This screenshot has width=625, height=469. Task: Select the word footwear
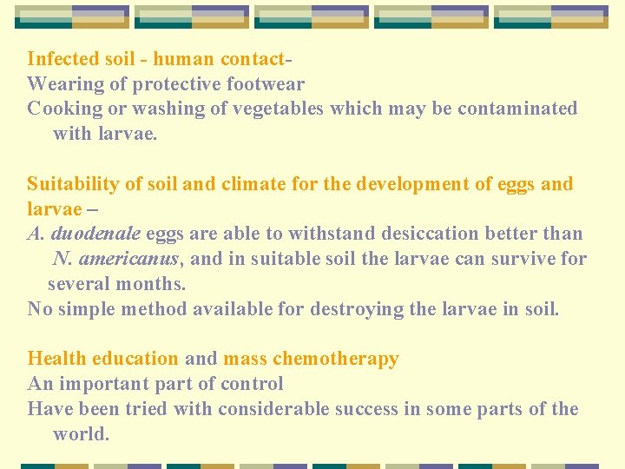pyautogui.click(x=265, y=84)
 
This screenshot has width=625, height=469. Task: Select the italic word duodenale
pyautogui.click(x=96, y=234)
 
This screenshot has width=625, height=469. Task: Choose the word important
pyautogui.click(x=111, y=384)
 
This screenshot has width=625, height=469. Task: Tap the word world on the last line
pyautogui.click(x=79, y=434)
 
